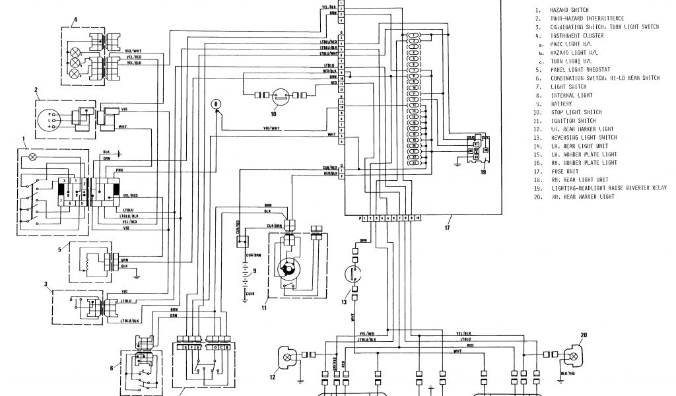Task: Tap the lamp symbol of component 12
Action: click(x=287, y=356)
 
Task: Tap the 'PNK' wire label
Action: click(x=119, y=170)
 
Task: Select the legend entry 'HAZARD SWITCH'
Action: click(x=570, y=11)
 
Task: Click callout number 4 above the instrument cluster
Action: click(x=75, y=20)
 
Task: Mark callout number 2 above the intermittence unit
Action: click(x=36, y=90)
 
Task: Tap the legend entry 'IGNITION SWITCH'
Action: click(x=572, y=121)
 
